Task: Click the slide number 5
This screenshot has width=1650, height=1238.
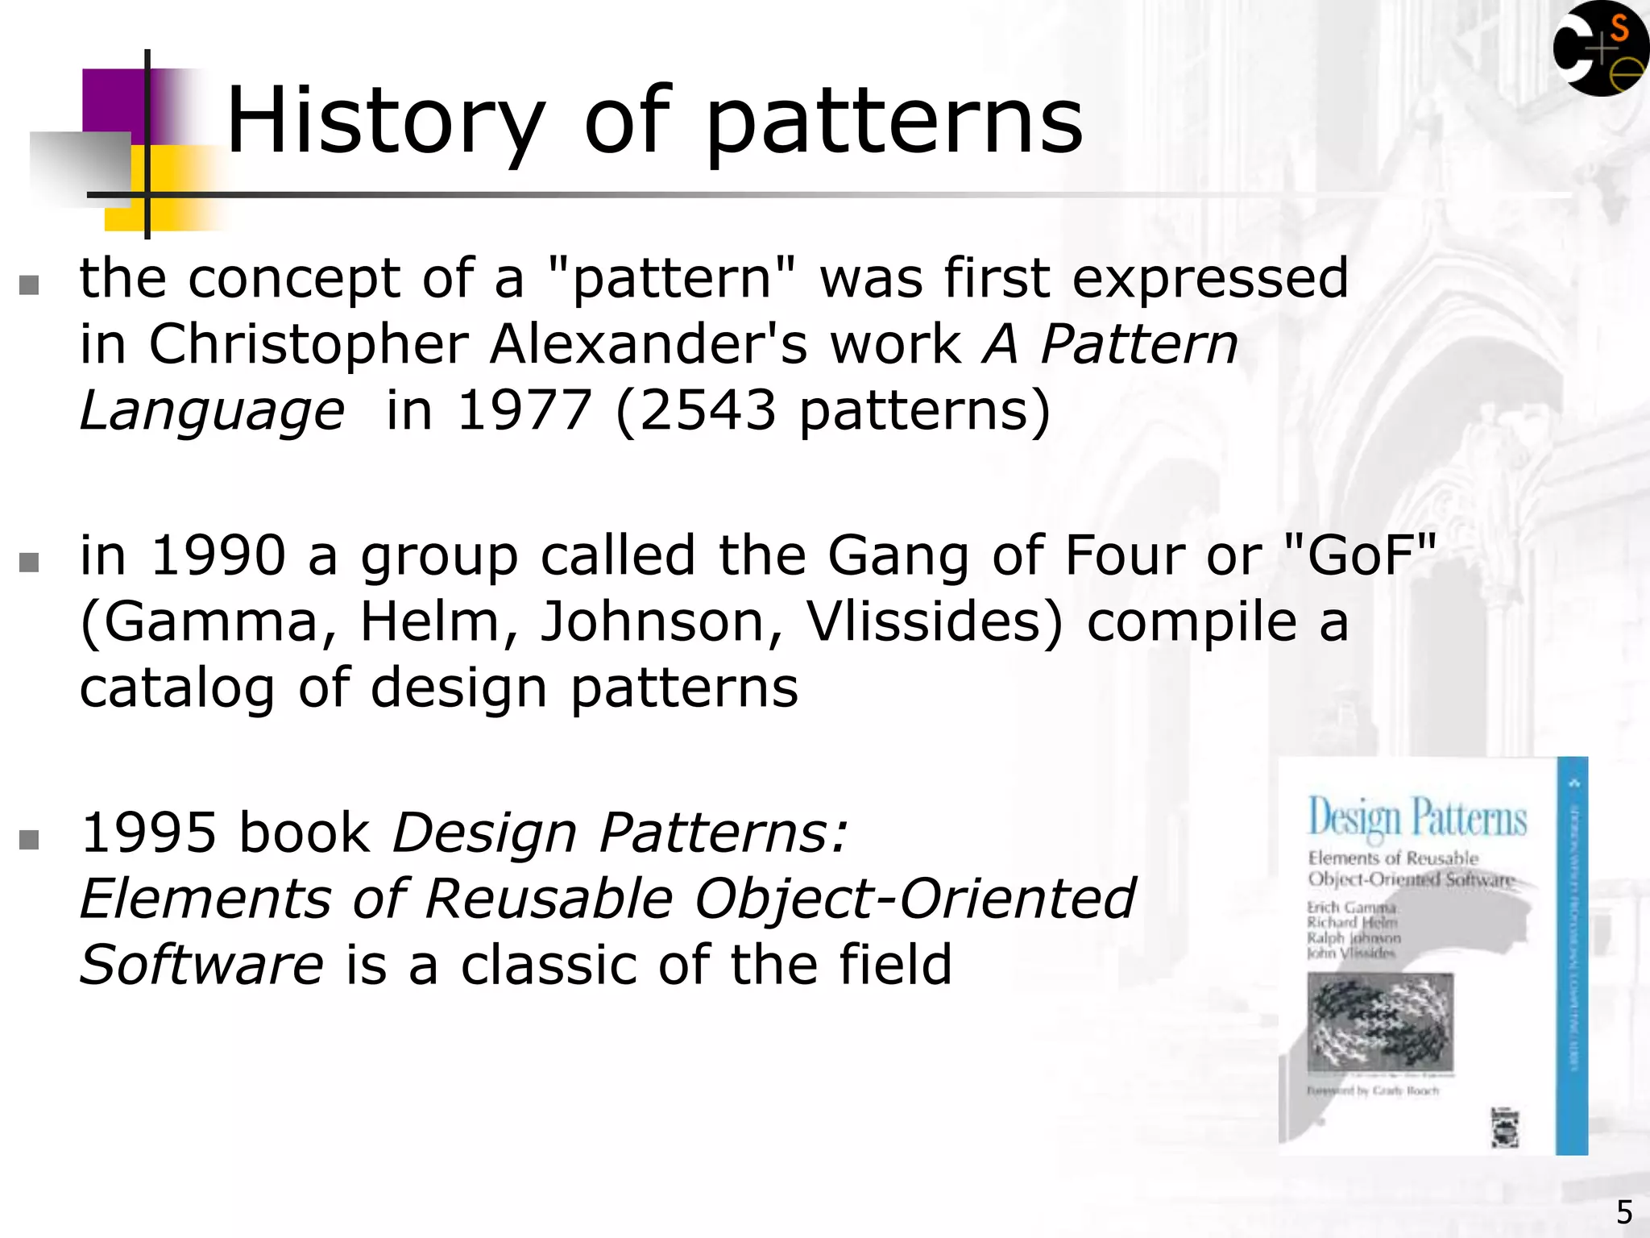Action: click(1624, 1212)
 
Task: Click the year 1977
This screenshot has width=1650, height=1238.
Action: click(524, 410)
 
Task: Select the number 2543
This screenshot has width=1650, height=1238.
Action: click(707, 410)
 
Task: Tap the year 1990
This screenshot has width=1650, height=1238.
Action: click(218, 555)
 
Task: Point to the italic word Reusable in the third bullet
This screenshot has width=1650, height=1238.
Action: click(548, 899)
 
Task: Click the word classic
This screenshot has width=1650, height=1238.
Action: click(548, 965)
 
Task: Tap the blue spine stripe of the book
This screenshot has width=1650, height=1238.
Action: click(1572, 955)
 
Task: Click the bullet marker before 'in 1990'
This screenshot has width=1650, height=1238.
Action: click(29, 562)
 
